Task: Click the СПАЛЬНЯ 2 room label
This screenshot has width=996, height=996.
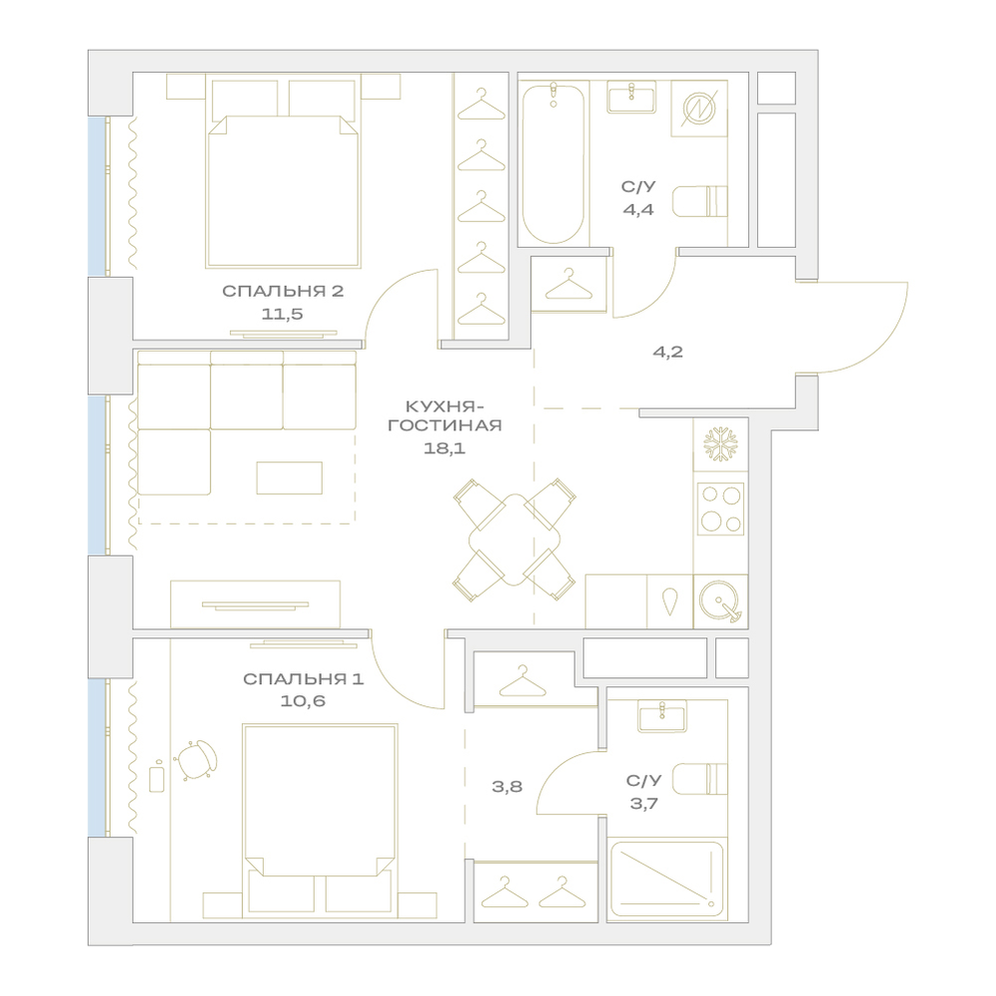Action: (283, 292)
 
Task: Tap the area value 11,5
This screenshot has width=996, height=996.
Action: (282, 314)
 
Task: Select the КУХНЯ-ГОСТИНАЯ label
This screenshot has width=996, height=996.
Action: (444, 416)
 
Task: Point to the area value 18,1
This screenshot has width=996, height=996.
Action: (444, 448)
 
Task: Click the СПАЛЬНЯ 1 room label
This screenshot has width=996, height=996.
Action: (303, 679)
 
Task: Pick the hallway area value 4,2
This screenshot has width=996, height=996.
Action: (667, 352)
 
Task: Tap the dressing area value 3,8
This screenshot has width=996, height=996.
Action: (507, 787)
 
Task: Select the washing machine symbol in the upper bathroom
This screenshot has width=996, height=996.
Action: (699, 108)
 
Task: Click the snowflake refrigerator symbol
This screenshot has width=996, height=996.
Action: (720, 444)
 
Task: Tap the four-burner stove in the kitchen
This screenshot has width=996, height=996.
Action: (720, 509)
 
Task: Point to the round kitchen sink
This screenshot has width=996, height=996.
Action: (720, 601)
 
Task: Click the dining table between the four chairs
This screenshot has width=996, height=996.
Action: (515, 540)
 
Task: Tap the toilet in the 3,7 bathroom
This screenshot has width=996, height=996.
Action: (699, 779)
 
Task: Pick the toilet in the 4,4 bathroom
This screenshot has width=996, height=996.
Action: (699, 201)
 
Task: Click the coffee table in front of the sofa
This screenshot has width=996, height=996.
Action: (289, 478)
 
